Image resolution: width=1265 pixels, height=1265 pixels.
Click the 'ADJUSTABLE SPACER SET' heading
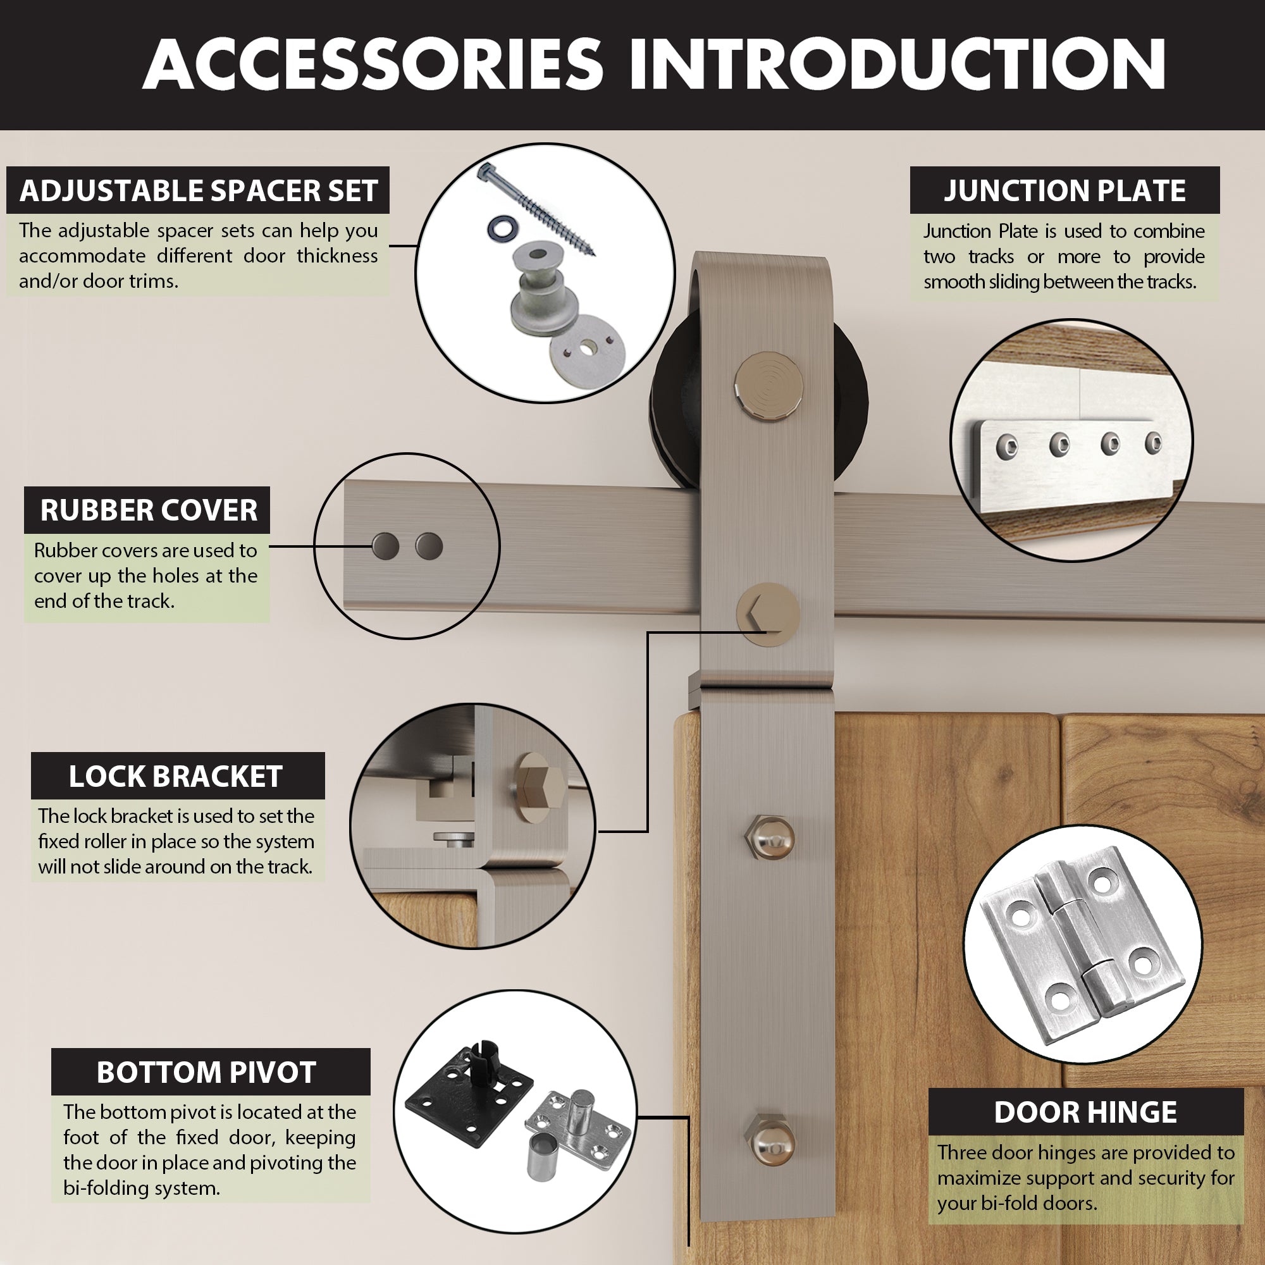click(x=199, y=190)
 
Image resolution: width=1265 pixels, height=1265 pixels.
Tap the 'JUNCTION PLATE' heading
click(x=1064, y=190)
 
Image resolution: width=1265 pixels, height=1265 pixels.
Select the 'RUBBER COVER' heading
click(x=149, y=510)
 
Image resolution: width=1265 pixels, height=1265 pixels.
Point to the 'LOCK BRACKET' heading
click(x=175, y=777)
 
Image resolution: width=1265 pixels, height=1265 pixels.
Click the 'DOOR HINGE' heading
click(x=1085, y=1113)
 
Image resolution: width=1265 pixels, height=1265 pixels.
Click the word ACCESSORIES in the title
click(x=373, y=64)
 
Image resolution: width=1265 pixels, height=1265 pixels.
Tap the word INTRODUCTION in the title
click(x=897, y=64)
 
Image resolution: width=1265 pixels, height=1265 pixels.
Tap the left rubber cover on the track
click(x=386, y=546)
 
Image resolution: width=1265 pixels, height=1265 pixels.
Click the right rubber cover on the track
click(x=429, y=546)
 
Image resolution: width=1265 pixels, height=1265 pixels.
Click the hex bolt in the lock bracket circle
click(x=541, y=786)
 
